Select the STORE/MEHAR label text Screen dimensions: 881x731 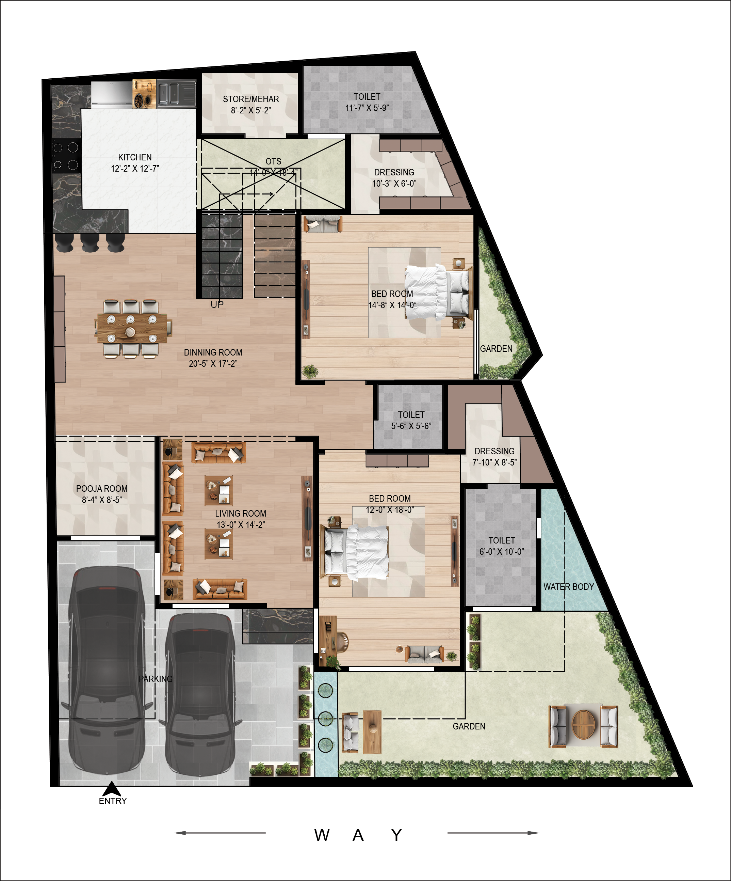point(251,99)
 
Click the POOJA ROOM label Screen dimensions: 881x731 point(102,488)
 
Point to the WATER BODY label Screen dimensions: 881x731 point(568,587)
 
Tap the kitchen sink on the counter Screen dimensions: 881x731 point(176,93)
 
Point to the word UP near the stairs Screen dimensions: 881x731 point(217,304)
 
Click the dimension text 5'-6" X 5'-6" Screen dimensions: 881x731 point(411,426)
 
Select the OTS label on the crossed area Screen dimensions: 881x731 point(273,161)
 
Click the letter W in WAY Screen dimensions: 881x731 point(322,835)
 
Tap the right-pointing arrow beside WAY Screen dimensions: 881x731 point(493,833)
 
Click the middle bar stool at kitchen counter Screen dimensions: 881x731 point(90,242)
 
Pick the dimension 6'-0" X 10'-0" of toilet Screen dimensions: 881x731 point(501,552)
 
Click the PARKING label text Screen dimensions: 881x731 point(156,679)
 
